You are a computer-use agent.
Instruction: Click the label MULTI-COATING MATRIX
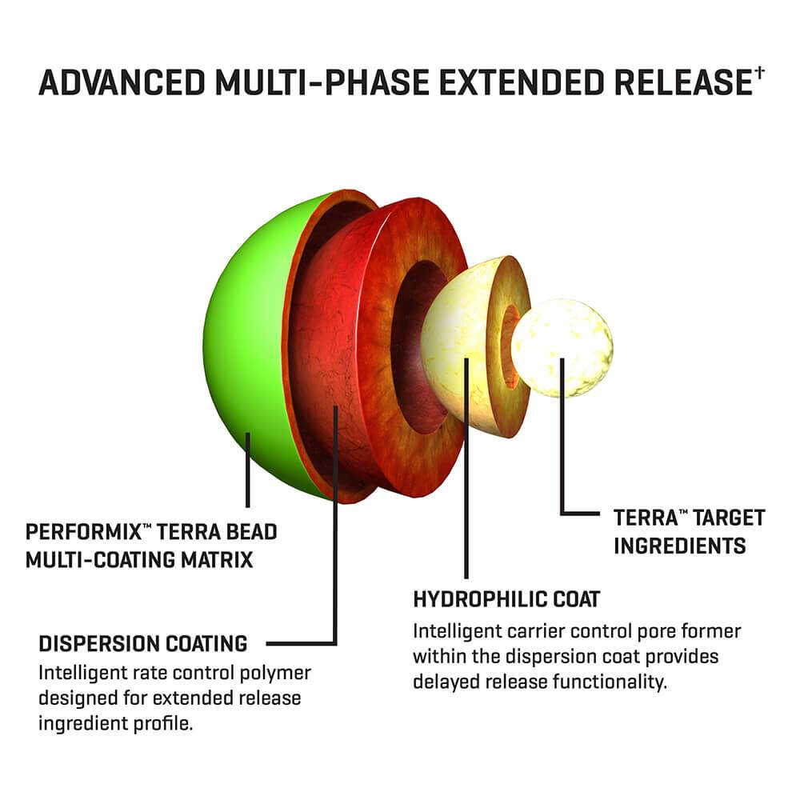pyautogui.click(x=139, y=559)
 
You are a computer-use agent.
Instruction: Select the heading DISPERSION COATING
pyautogui.click(x=143, y=643)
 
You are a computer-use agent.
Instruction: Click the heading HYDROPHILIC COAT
pyautogui.click(x=506, y=599)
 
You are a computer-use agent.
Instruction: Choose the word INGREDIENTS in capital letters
pyautogui.click(x=680, y=546)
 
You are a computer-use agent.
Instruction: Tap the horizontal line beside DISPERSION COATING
pyautogui.click(x=300, y=643)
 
